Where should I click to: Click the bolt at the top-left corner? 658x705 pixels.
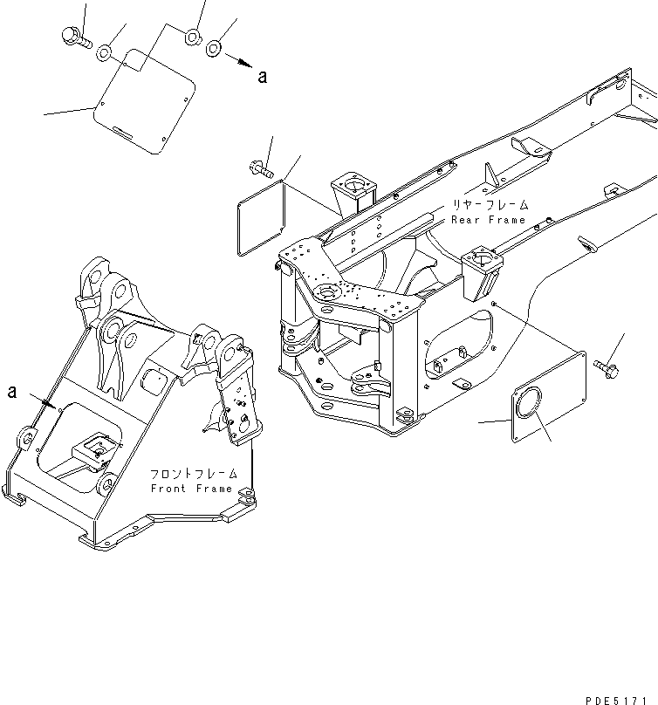[72, 36]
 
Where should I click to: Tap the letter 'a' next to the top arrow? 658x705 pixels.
[262, 77]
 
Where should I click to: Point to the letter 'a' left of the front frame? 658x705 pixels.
[12, 391]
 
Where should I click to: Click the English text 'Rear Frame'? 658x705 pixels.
[489, 221]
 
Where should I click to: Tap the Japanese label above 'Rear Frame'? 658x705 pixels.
[490, 205]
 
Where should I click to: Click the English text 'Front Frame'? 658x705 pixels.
[191, 489]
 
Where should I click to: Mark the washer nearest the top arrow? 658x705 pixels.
[215, 47]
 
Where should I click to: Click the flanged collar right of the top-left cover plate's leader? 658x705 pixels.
[191, 38]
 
